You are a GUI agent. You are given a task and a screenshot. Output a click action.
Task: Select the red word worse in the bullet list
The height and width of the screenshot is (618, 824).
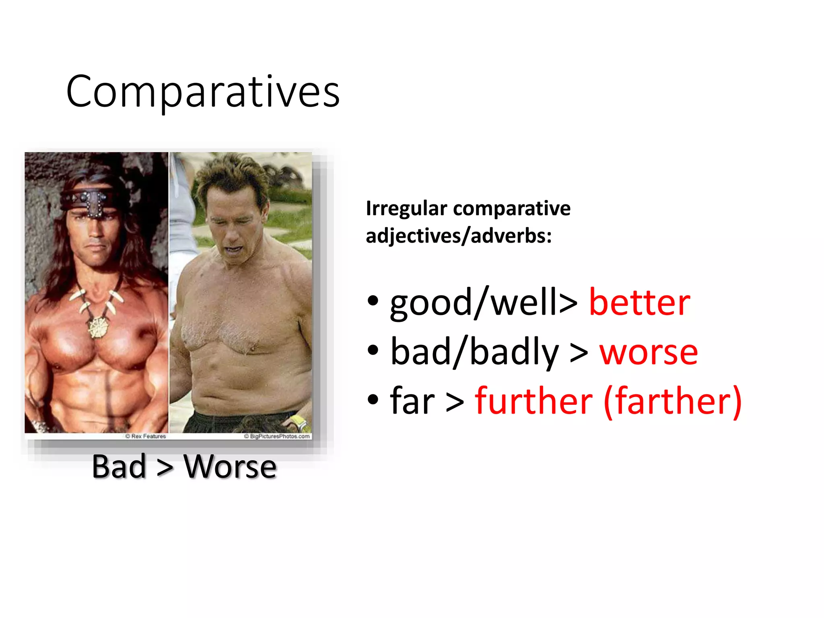click(x=649, y=352)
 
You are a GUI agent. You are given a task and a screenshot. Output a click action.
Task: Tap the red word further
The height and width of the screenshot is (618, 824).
click(x=534, y=401)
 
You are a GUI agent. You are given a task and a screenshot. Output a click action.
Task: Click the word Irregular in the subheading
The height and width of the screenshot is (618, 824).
click(x=406, y=209)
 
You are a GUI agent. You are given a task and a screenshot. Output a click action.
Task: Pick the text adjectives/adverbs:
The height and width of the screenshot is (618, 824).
click(x=459, y=235)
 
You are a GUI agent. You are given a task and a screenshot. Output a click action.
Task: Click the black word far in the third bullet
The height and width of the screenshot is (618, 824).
click(x=412, y=401)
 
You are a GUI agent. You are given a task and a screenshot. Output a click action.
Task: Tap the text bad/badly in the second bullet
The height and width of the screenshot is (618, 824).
click(x=475, y=352)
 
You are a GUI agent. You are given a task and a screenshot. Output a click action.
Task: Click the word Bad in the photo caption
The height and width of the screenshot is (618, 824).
click(x=119, y=467)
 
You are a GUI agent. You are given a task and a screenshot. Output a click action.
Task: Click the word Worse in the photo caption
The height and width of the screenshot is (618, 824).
click(x=230, y=467)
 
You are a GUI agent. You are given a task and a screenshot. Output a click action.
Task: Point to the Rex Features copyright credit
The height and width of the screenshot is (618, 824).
click(x=146, y=436)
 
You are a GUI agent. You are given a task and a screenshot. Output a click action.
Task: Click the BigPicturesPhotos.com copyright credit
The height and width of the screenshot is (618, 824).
click(x=277, y=436)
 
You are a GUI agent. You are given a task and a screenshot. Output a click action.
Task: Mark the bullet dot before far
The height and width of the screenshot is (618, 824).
click(x=373, y=400)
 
